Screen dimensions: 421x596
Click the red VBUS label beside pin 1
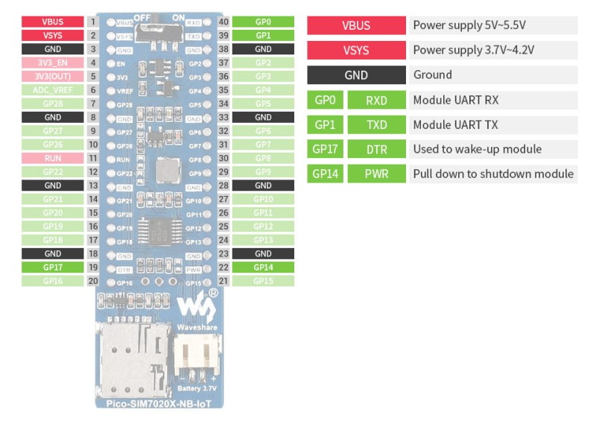pos(53,22)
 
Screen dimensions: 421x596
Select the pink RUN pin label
pos(53,158)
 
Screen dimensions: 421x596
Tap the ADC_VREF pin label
pos(53,89)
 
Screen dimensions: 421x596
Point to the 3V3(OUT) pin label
pos(53,76)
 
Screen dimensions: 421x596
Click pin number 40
pos(223,22)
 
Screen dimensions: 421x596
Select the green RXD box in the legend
pos(376,101)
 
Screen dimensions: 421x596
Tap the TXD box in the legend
pos(376,125)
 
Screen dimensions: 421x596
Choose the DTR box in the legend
pos(376,149)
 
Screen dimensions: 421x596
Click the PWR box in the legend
pos(376,174)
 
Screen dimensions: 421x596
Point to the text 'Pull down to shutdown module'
pos(492,174)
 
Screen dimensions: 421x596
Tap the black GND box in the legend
pos(356,75)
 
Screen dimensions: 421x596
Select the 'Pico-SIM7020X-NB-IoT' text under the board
pos(159,403)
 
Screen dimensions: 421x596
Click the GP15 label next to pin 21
pos(263,281)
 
